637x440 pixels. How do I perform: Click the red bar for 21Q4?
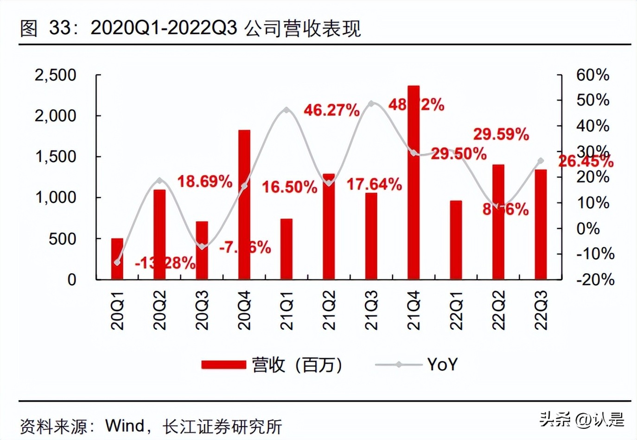click(x=414, y=182)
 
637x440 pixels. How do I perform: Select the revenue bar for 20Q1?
click(x=117, y=259)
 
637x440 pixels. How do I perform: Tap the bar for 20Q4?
click(x=244, y=205)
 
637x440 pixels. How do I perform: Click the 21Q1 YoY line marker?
click(x=287, y=110)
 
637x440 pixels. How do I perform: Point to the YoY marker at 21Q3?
click(x=371, y=103)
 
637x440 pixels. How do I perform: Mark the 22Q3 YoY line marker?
click(x=541, y=161)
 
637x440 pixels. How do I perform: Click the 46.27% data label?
click(x=331, y=110)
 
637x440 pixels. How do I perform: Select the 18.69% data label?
click(x=204, y=181)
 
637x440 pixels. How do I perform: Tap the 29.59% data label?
click(x=501, y=134)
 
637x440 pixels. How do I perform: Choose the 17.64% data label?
click(x=374, y=184)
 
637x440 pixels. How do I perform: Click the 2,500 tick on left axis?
click(x=55, y=75)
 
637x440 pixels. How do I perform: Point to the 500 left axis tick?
click(x=63, y=239)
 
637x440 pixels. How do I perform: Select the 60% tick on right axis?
click(x=592, y=75)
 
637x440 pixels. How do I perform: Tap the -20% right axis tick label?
click(x=595, y=279)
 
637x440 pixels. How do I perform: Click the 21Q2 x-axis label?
click(x=329, y=310)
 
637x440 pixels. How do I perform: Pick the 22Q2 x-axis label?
click(x=498, y=310)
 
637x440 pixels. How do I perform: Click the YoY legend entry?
click(x=442, y=365)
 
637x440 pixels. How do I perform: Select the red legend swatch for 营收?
click(x=223, y=365)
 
